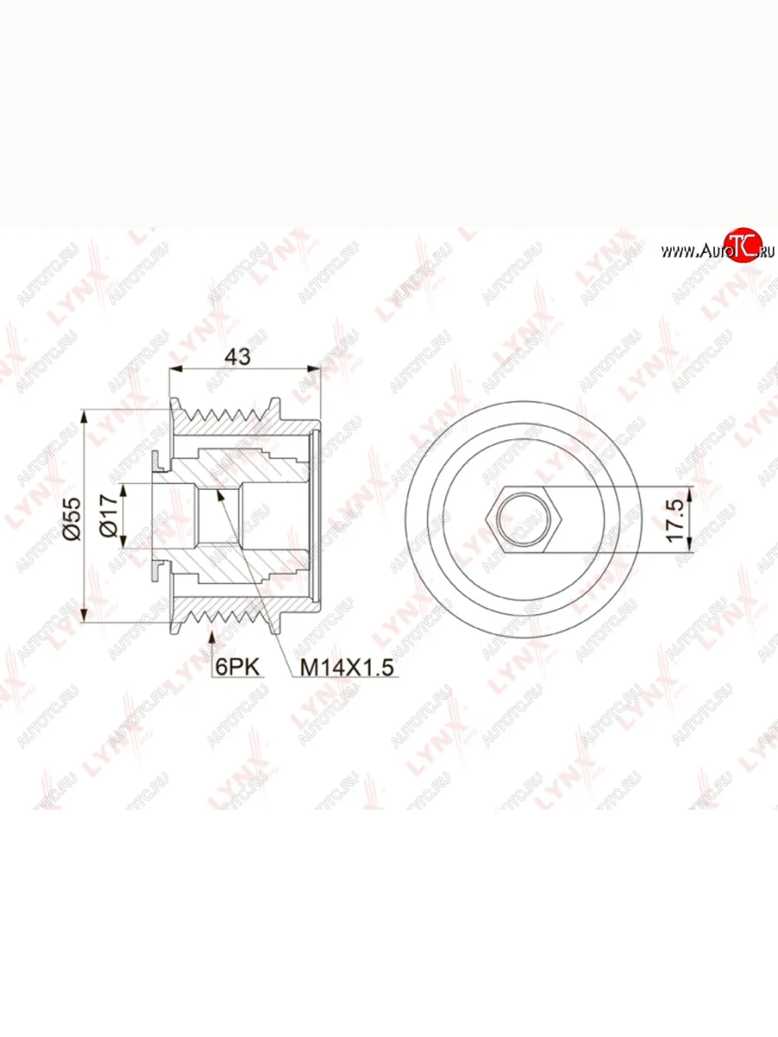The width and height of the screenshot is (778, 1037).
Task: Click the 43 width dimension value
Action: (x=238, y=357)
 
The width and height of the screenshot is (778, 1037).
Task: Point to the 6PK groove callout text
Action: (x=237, y=667)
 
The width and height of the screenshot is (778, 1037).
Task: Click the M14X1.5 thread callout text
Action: (x=347, y=667)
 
